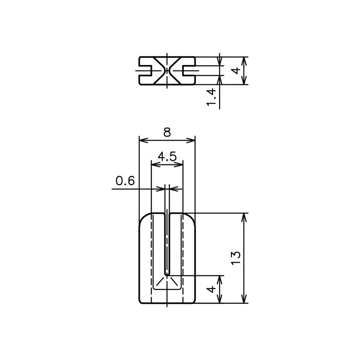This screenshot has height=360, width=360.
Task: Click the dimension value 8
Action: coord(167,133)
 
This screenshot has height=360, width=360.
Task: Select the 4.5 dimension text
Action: coord(167,156)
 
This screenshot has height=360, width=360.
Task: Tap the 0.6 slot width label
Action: coord(125,181)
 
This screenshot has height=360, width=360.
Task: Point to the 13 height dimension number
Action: coord(236,258)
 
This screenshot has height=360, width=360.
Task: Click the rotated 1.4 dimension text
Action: coord(211,97)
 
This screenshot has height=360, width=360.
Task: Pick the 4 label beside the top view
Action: coord(237,70)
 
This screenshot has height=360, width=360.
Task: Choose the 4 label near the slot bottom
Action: coord(212,289)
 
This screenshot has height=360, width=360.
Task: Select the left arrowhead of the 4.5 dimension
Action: coord(156,165)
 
